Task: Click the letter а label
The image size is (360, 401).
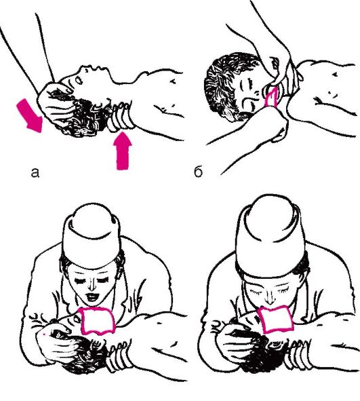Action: click(35, 172)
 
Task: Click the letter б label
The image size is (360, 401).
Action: click(198, 171)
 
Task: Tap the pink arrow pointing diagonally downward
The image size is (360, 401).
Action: click(30, 115)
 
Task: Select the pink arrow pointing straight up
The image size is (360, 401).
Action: click(123, 151)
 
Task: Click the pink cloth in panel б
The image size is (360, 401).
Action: click(271, 96)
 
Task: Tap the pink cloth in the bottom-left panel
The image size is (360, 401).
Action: click(96, 321)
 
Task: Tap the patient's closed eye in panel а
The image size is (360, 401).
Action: click(79, 81)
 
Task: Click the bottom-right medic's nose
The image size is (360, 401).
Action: click(268, 297)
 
